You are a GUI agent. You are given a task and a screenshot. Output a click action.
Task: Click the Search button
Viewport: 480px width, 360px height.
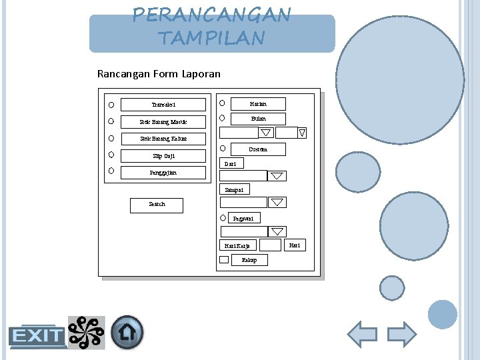[157, 205]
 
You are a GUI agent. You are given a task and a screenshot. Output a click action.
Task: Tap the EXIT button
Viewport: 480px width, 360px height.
[37, 336]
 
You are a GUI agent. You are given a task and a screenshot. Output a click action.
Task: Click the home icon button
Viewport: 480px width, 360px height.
[127, 332]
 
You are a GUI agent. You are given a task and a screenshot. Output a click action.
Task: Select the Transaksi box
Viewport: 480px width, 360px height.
[163, 105]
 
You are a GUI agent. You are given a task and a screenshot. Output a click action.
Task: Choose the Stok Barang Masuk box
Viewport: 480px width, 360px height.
[163, 122]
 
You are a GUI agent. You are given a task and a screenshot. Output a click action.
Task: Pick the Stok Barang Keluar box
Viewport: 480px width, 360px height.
[163, 139]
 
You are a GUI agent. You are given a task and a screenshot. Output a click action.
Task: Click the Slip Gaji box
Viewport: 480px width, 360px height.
[163, 156]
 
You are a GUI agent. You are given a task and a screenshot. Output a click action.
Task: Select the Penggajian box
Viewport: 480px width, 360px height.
[163, 173]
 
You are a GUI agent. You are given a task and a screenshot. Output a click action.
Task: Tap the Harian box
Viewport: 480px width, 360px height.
[258, 104]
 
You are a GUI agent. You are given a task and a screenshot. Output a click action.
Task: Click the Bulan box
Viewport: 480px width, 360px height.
[258, 119]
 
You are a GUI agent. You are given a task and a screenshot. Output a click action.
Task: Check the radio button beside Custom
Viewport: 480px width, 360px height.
[223, 148]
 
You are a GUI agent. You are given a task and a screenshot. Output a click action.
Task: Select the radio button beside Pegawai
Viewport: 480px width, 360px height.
[223, 218]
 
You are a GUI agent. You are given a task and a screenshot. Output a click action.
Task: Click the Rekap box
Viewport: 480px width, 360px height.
[249, 260]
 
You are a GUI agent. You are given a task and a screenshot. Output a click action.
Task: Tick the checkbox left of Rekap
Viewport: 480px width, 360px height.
[224, 260]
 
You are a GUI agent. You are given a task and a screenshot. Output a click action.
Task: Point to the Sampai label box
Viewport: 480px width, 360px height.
[234, 190]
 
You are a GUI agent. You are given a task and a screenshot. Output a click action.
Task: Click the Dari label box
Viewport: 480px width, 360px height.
[231, 163]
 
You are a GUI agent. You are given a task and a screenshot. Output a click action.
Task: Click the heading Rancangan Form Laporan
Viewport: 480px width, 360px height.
[159, 74]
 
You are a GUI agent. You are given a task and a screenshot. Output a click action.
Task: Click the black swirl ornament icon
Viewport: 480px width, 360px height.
[87, 332]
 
